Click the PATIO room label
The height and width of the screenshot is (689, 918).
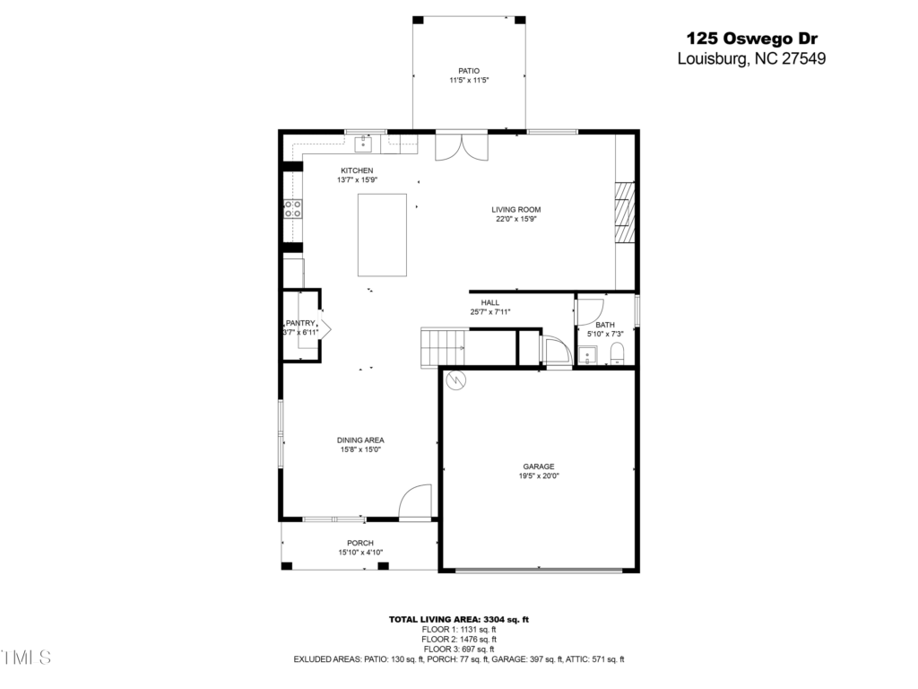(x=469, y=71)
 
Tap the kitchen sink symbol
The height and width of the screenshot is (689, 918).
(x=363, y=144)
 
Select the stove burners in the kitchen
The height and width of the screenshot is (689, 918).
(x=293, y=208)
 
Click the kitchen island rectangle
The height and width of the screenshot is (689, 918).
(x=382, y=235)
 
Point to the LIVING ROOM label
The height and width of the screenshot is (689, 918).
(x=515, y=209)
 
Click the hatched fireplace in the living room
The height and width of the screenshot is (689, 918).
(x=624, y=212)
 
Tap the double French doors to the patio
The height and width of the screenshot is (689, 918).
(x=462, y=148)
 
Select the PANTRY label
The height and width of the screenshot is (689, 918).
(x=300, y=323)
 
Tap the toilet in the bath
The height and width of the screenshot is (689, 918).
(x=618, y=353)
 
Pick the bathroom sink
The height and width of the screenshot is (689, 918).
(x=587, y=355)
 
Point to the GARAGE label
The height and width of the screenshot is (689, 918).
(x=539, y=467)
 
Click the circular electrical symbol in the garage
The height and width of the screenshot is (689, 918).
(x=456, y=380)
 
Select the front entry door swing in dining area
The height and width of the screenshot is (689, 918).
(x=415, y=501)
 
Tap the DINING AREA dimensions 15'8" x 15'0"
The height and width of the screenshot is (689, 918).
(x=360, y=450)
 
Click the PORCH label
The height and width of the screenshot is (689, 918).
(x=360, y=543)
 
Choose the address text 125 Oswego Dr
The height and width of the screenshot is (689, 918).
(x=752, y=39)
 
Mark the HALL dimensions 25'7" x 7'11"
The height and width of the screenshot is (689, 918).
(x=490, y=312)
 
